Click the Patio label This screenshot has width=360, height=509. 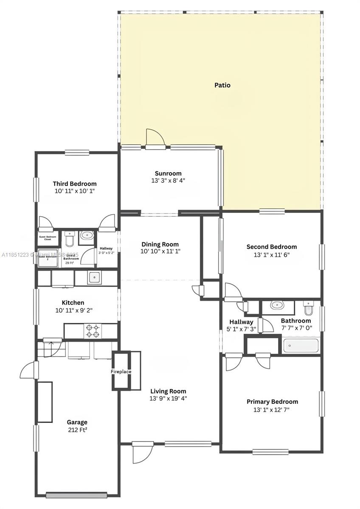tap(222, 85)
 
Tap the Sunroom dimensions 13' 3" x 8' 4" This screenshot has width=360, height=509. tap(168, 180)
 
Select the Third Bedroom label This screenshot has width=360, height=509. tap(75, 184)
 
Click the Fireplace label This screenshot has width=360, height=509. tap(121, 372)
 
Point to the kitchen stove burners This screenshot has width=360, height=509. tap(93, 331)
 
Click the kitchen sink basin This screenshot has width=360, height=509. tap(94, 277)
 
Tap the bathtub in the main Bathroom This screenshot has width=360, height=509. tap(301, 346)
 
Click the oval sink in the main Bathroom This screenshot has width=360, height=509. tap(277, 305)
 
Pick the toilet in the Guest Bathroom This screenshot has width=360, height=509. tap(70, 239)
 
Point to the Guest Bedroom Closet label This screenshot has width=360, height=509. tap(48, 238)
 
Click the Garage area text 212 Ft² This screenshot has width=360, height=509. tap(77, 430)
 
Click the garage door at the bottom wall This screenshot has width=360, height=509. tap(76, 495)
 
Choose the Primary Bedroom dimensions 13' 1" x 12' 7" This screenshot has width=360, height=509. tap(272, 410)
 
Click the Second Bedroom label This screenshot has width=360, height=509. tap(272, 247)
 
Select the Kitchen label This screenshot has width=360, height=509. tap(73, 303)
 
